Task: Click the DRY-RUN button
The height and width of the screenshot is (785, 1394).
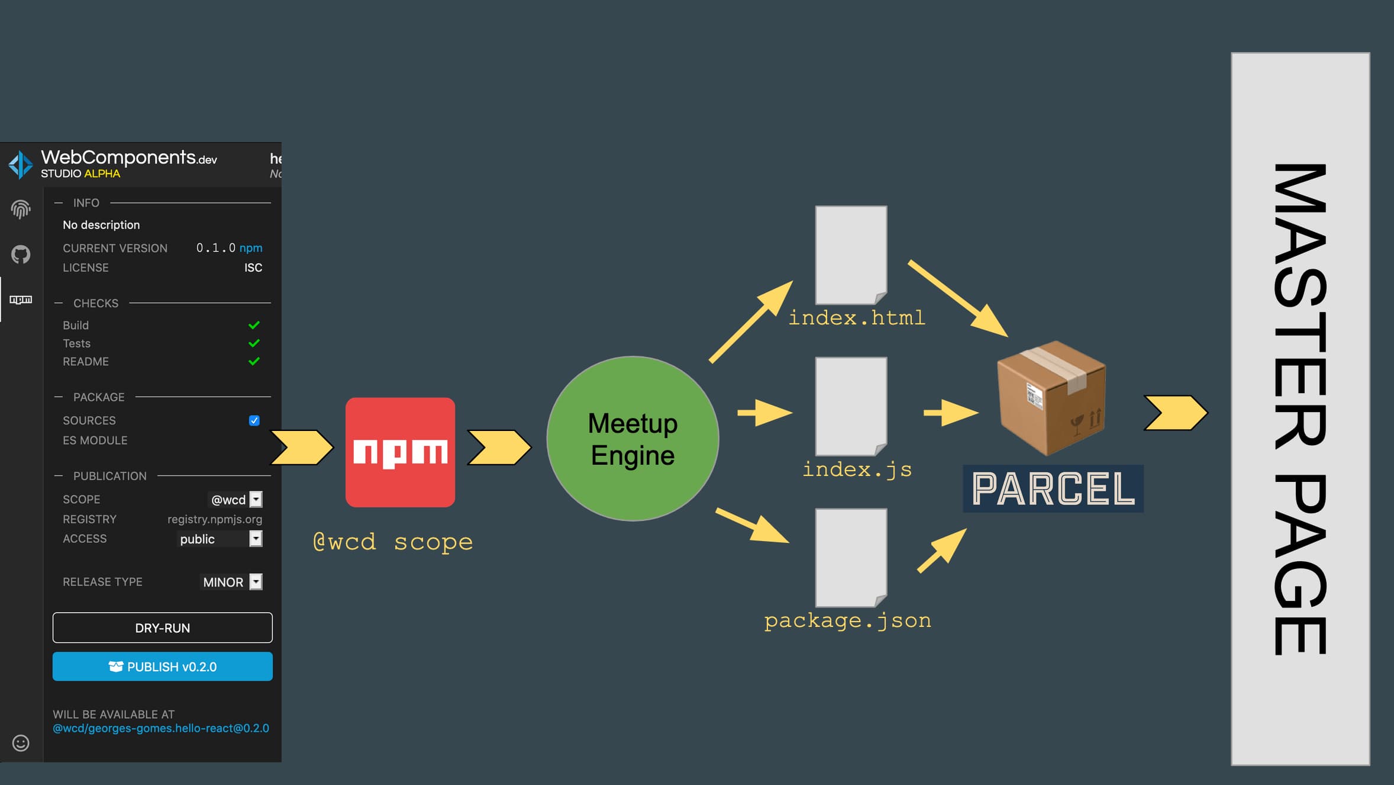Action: click(x=162, y=628)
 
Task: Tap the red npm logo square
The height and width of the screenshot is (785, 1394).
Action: click(x=400, y=452)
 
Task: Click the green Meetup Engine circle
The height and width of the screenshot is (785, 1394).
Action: click(x=633, y=439)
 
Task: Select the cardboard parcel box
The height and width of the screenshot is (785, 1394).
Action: click(x=1051, y=398)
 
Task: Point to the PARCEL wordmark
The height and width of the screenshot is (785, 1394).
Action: click(x=1053, y=489)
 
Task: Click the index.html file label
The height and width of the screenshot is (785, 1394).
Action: click(x=857, y=318)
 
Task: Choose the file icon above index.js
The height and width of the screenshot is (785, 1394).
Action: click(x=851, y=406)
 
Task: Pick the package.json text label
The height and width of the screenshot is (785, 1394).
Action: click(x=847, y=620)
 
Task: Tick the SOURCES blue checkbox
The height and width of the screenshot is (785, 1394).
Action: click(x=254, y=420)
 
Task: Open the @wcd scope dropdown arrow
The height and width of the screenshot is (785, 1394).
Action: click(x=256, y=500)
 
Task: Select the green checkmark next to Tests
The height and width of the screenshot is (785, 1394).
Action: click(x=254, y=343)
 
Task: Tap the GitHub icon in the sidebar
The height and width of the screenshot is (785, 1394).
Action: click(x=21, y=255)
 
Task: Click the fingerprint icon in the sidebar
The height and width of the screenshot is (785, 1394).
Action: click(x=21, y=209)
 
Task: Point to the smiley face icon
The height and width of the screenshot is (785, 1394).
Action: click(x=21, y=743)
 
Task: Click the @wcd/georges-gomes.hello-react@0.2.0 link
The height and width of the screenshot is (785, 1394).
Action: click(x=161, y=728)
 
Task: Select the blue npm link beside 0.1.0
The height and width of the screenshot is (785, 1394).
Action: click(x=251, y=248)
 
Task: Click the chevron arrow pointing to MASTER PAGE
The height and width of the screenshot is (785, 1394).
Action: click(x=1175, y=413)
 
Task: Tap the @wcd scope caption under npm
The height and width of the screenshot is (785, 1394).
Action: click(x=393, y=542)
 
